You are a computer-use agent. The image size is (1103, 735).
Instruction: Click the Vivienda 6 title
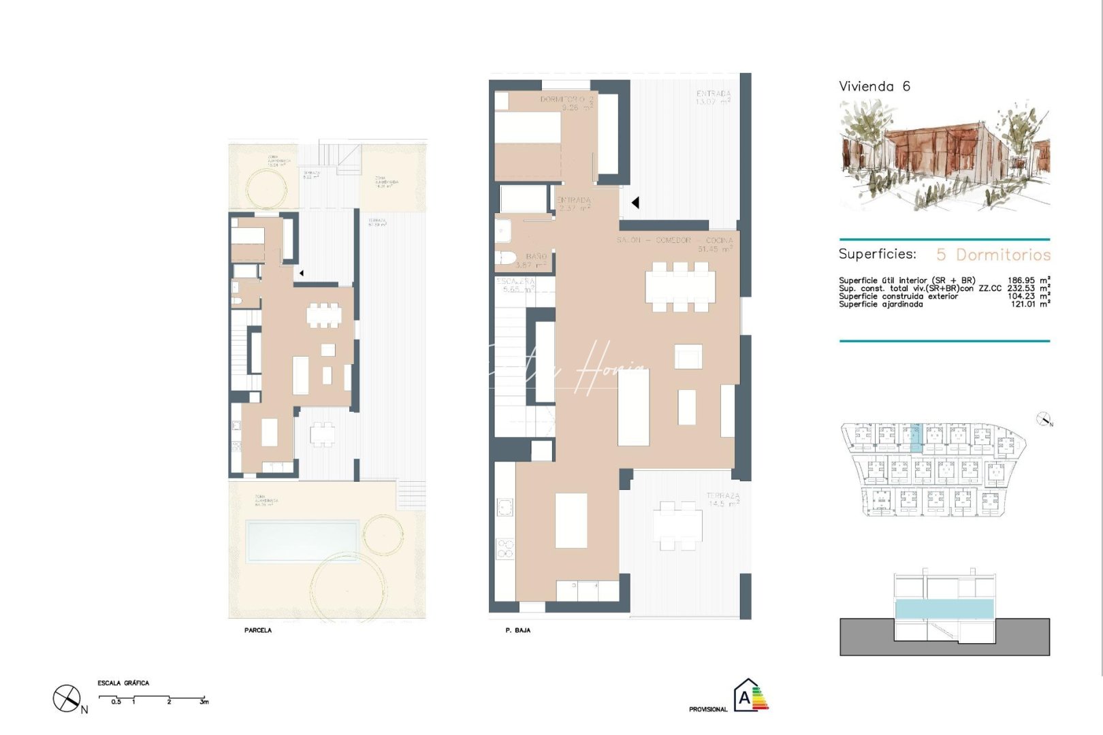tap(874, 86)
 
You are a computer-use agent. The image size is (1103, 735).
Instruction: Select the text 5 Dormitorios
tap(993, 255)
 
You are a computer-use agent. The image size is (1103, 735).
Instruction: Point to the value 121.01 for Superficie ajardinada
tap(1024, 304)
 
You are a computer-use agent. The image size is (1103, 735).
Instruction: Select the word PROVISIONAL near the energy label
tap(708, 709)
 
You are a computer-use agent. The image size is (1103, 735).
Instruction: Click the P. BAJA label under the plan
tap(517, 631)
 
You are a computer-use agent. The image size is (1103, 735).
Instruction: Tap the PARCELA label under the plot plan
tap(258, 630)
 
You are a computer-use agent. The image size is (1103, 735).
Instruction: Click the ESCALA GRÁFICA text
tap(123, 683)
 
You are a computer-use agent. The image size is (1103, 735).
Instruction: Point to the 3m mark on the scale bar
tap(204, 702)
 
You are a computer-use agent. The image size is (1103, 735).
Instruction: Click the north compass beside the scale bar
tap(66, 699)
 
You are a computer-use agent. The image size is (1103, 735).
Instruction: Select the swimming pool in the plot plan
tap(302, 541)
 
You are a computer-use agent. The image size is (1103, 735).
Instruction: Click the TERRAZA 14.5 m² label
tap(722, 500)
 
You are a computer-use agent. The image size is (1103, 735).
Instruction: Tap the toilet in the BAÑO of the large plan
tap(505, 259)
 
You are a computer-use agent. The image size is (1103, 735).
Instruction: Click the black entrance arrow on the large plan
tap(635, 203)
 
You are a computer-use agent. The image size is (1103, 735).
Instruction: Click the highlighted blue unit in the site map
tap(916, 438)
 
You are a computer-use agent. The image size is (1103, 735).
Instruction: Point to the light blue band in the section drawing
tap(943, 609)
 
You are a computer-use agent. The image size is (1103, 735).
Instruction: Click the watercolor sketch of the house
tap(944, 154)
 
